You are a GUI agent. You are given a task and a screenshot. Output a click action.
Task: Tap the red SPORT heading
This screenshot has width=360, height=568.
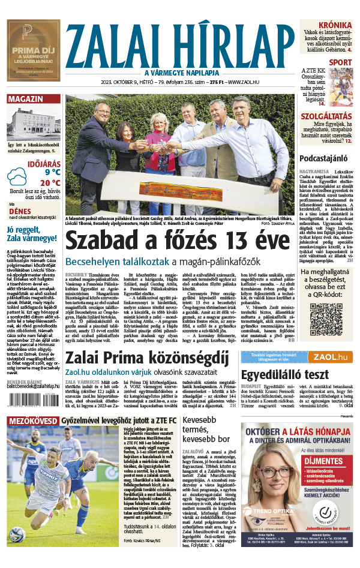(x=340, y=62)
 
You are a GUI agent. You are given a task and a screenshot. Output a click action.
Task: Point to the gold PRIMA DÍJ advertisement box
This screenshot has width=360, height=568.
(x=34, y=49)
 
